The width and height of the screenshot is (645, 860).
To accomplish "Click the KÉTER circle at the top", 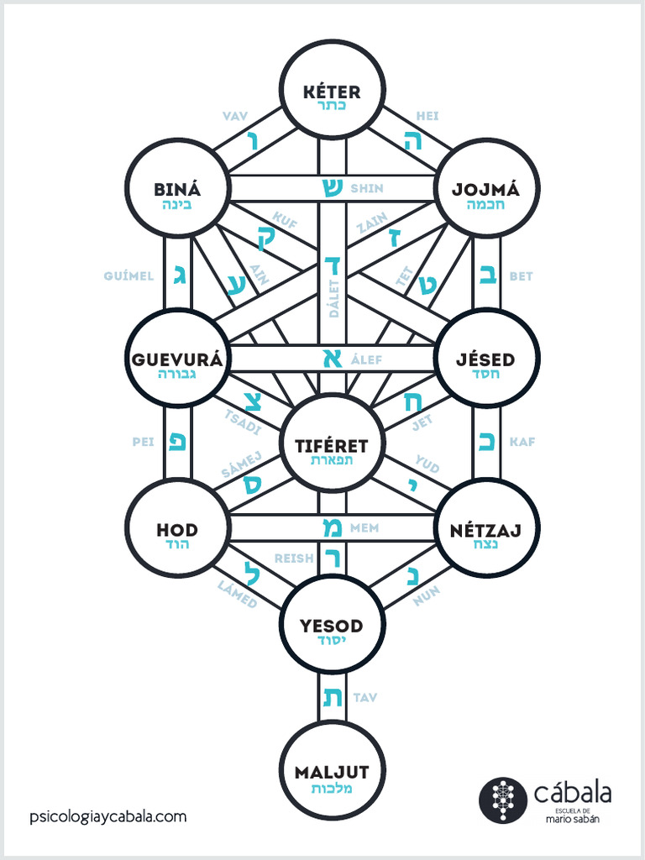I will tap(332, 89).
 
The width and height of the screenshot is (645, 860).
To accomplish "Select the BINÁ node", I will tap(176, 188).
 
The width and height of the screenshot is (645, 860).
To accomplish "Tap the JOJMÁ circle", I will tap(486, 188).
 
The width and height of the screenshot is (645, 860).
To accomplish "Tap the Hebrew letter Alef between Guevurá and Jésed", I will tap(331, 359).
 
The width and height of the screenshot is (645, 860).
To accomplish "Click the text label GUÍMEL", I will tap(128, 275).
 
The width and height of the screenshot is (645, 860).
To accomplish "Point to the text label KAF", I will tap(522, 441).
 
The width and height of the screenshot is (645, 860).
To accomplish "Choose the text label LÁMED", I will tap(238, 595).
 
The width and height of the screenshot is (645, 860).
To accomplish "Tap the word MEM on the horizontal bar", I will tap(364, 527).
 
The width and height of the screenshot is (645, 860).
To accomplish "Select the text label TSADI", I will tap(243, 421).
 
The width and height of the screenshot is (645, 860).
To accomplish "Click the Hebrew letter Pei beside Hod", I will tap(178, 440).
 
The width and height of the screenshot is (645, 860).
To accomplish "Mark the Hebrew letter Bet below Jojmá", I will tap(486, 275).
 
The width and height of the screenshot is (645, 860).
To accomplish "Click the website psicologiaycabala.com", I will tap(107, 815).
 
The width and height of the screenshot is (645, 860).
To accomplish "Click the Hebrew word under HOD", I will tap(176, 544).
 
